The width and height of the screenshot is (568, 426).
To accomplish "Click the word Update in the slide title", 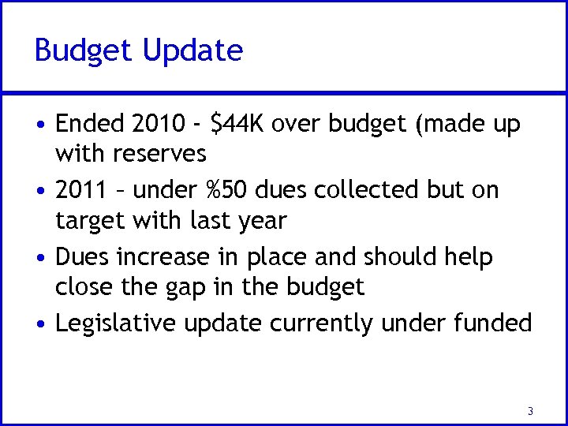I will tap(193, 51).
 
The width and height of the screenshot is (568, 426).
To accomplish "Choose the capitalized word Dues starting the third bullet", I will tap(84, 257).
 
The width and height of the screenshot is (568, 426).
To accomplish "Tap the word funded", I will tap(496, 323).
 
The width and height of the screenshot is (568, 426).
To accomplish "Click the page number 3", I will tap(530, 410).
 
